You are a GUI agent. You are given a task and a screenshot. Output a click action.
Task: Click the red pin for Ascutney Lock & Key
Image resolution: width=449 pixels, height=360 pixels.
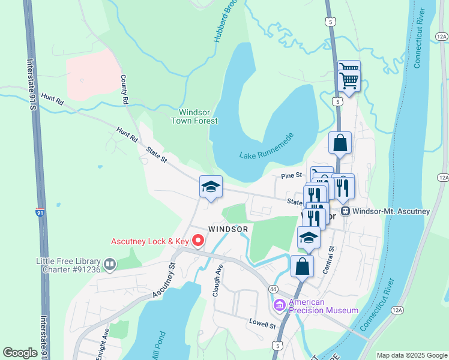[197, 241]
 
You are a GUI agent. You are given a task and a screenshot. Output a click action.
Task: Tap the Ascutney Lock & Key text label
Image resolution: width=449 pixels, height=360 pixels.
[149, 242]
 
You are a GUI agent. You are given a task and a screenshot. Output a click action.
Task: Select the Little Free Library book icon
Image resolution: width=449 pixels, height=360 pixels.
[110, 264]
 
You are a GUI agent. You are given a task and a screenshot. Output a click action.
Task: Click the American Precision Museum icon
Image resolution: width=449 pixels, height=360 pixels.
[279, 305]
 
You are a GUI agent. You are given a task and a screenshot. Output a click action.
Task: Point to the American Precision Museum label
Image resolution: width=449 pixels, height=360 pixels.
[323, 306]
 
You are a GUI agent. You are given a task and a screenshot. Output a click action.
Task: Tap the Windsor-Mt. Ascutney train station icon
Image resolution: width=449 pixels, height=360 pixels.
[345, 211]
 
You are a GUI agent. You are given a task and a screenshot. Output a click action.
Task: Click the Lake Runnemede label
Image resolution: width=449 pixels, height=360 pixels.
[266, 148]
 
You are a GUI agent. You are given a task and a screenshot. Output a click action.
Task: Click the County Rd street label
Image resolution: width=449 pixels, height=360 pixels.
[124, 90]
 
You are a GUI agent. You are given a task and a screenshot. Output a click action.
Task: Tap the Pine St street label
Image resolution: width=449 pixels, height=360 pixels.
[291, 176]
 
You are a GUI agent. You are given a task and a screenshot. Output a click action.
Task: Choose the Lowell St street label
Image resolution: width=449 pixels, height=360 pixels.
[262, 323]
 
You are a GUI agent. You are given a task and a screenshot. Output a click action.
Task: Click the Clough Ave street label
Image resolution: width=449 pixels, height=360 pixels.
[219, 280]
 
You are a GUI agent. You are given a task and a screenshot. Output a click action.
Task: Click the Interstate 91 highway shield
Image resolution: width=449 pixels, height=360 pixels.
[39, 212]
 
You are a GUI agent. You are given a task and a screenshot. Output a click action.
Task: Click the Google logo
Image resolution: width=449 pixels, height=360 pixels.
[20, 352]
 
